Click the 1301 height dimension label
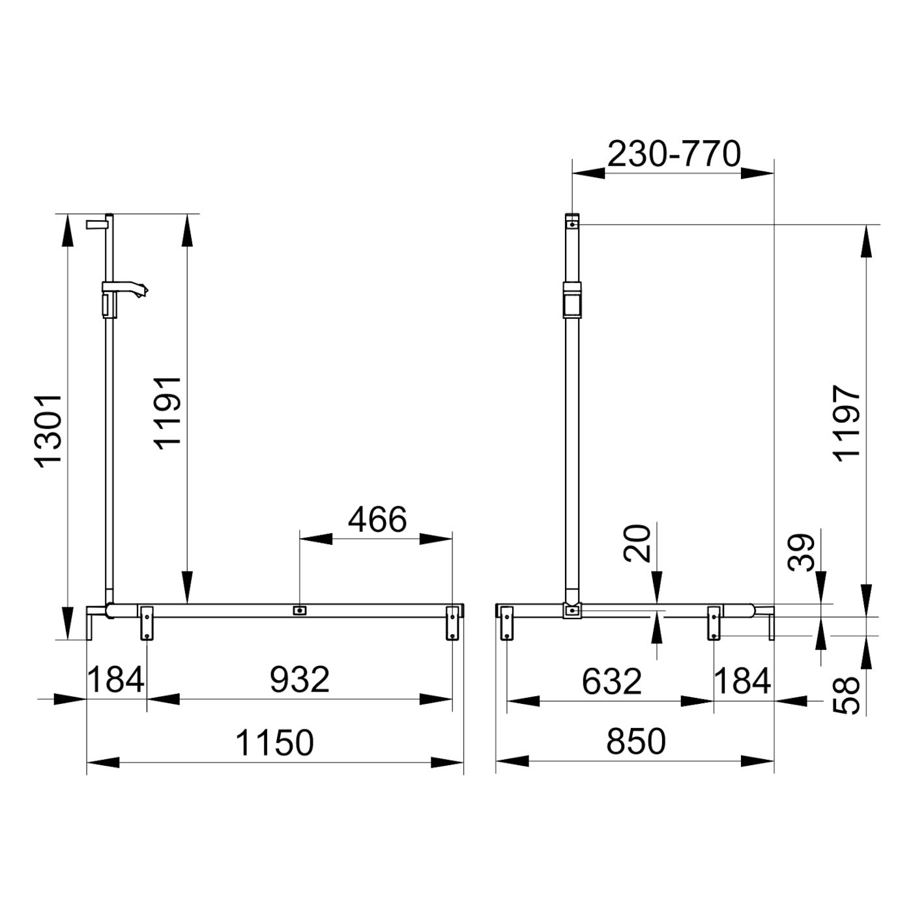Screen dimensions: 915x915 tap(48, 430)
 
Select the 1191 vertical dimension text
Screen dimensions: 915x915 tap(167, 413)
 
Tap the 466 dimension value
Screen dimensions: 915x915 tap(377, 519)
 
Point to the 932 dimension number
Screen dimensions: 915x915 tap(299, 680)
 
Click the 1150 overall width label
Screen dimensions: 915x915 tap(274, 743)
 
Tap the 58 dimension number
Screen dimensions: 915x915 tap(847, 695)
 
